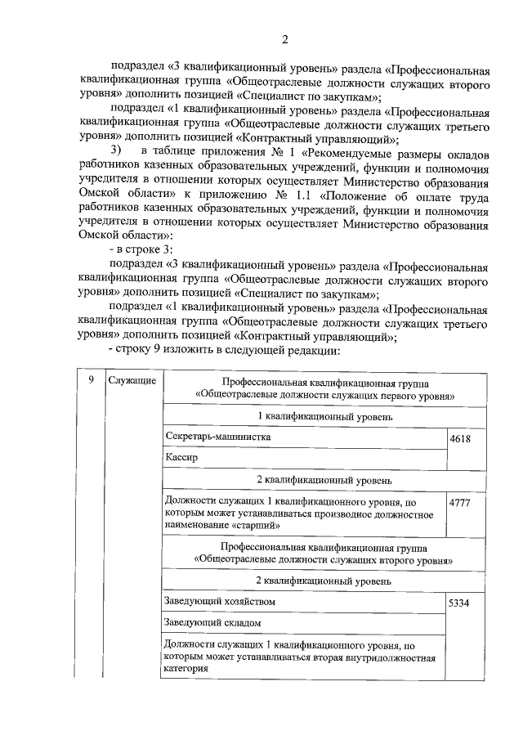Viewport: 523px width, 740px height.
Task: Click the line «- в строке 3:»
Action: [x=141, y=249]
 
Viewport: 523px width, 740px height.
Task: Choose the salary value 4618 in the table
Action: [x=461, y=440]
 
